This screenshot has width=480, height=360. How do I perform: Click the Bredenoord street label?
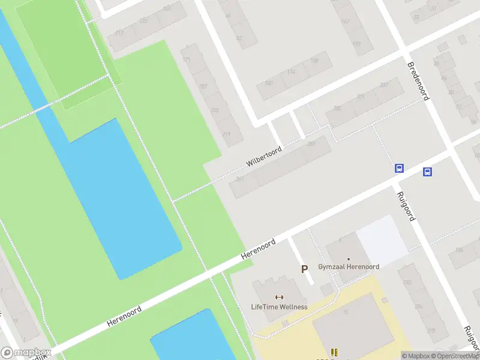419,81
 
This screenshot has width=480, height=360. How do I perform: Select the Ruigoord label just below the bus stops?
406,206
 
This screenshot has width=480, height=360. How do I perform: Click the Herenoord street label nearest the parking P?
258,249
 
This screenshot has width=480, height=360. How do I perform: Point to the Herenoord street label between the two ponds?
124,316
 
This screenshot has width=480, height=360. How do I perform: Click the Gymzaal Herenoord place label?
348,266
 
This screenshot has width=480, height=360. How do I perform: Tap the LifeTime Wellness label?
279,307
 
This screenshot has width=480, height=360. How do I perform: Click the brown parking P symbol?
305,269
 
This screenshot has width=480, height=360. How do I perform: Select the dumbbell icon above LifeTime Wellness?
279,297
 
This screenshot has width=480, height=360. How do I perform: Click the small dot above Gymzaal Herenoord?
348,259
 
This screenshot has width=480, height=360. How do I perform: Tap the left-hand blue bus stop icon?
399,169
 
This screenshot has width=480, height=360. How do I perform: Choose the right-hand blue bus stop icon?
427,172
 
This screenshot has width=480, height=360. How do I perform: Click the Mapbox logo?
26,353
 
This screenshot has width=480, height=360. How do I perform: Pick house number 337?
384,85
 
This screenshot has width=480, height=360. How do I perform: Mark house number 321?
361,96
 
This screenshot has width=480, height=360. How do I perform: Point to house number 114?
292,72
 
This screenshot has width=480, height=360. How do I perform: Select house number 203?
215,110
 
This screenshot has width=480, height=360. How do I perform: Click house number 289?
311,144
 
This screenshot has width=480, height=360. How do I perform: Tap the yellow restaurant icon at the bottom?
334,352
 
